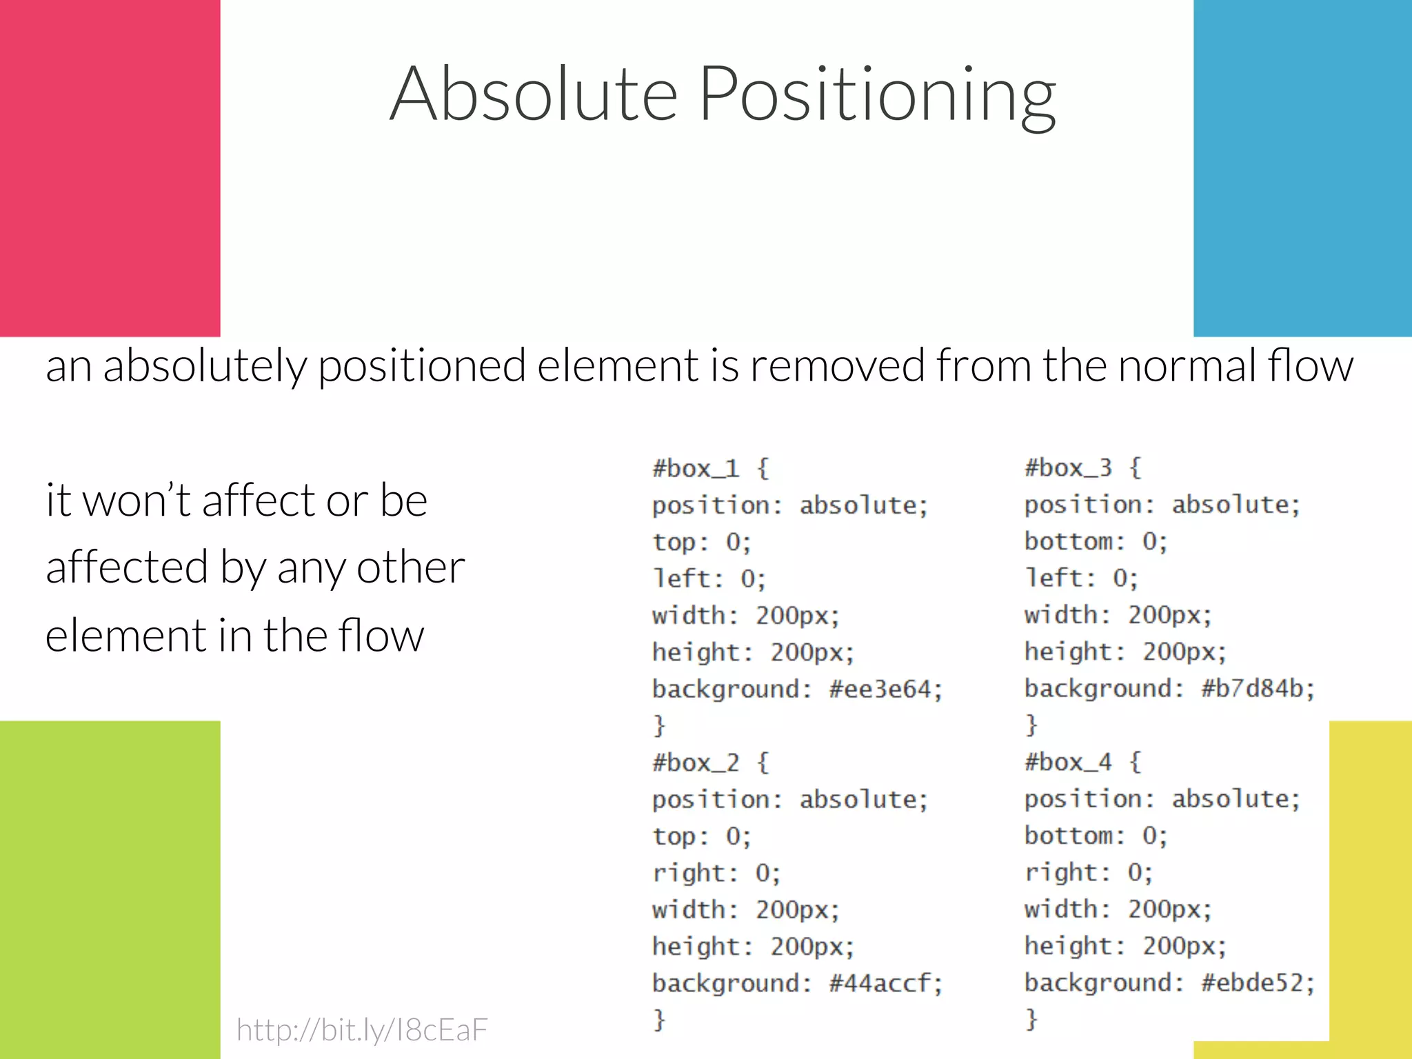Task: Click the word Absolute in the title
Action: (534, 94)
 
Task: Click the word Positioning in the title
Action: (877, 94)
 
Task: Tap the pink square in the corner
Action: (110, 168)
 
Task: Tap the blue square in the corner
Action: (1302, 168)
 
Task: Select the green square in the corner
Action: (110, 889)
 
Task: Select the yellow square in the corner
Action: (1371, 889)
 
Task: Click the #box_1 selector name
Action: (696, 469)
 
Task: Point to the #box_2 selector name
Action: (696, 763)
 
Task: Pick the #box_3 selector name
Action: (1068, 468)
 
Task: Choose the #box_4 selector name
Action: (1068, 763)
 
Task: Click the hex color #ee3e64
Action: (885, 689)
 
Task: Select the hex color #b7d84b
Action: (1258, 689)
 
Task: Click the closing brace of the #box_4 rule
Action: (1031, 1019)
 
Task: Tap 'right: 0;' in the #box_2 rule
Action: (716, 874)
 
